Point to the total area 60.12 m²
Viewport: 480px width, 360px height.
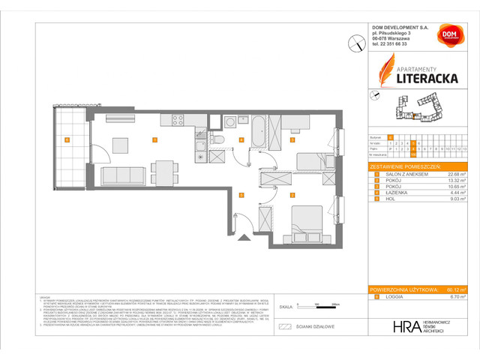click(x=453, y=289)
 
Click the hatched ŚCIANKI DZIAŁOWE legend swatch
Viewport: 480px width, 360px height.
click(x=284, y=327)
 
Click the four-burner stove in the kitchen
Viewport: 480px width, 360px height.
click(x=178, y=120)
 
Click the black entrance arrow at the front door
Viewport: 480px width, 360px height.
click(x=244, y=238)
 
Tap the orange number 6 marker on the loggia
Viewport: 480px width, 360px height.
click(x=66, y=139)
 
